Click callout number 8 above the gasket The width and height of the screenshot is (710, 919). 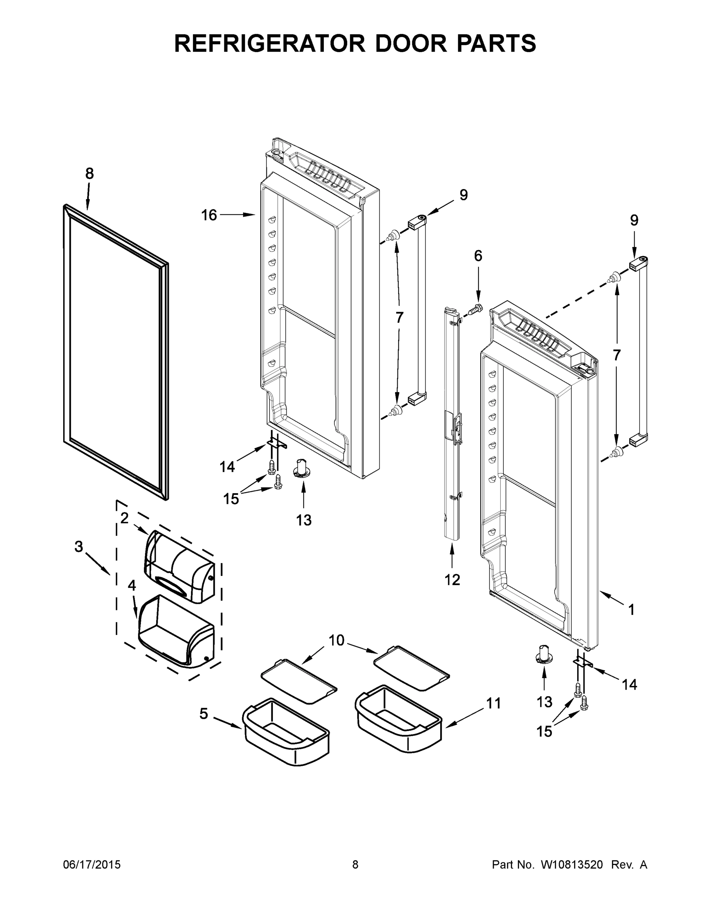89,173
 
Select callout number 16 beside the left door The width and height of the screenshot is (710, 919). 209,215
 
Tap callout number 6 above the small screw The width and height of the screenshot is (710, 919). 478,256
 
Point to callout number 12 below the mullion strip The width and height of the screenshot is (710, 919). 452,580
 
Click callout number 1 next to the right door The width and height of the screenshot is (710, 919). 631,610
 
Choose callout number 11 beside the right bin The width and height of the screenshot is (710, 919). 494,703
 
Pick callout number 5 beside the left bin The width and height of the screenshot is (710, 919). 204,714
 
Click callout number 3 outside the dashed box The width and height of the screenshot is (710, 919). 79,547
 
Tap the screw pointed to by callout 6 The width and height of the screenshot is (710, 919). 476,309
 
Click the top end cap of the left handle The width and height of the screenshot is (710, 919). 417,221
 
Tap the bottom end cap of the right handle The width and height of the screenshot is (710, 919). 638,441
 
